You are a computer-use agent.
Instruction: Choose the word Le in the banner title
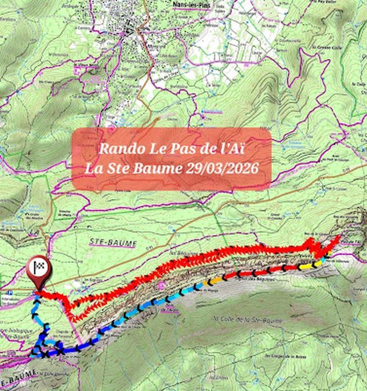pyautogui.click(x=152, y=148)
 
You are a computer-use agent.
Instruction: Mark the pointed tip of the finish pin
pyautogui.click(x=39, y=290)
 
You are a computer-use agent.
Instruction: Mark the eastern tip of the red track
pyautogui.click(x=338, y=237)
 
